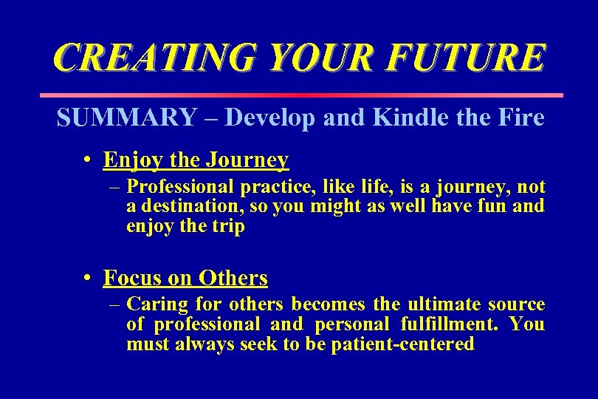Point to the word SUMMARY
pos(126,117)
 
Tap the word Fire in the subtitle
pos(520,117)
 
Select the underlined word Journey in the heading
pos(248,160)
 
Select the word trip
pos(227,226)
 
